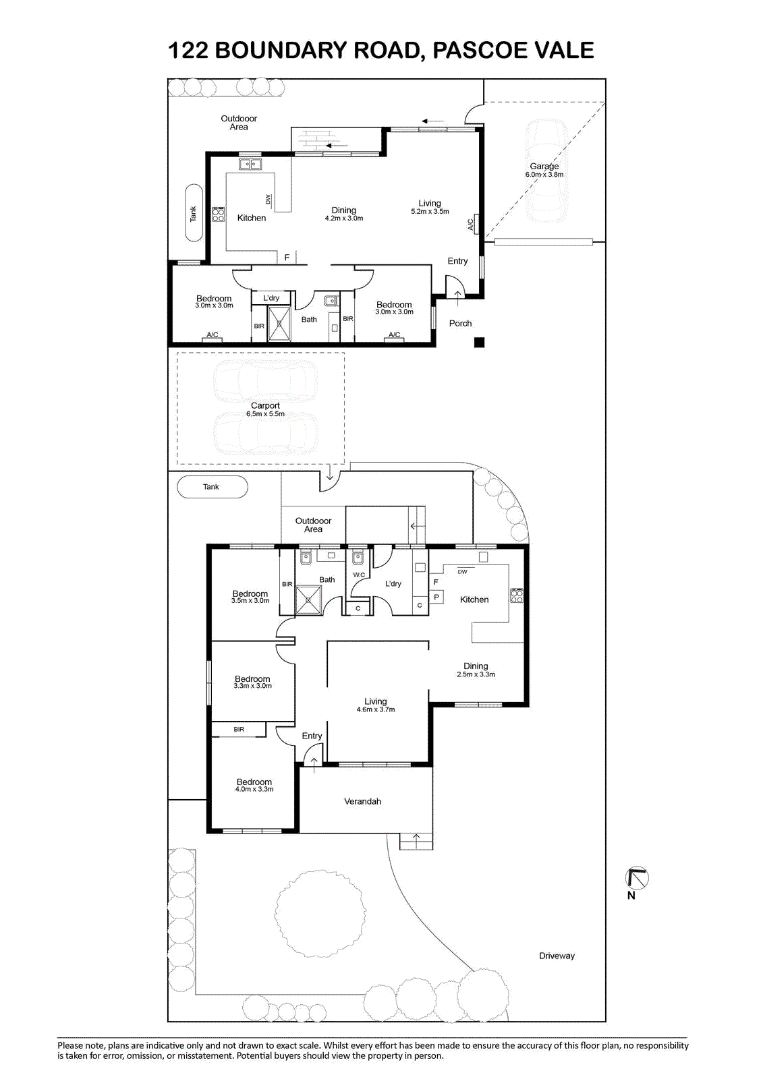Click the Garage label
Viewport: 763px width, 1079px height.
[x=544, y=166]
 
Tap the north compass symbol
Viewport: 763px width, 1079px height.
[x=637, y=878]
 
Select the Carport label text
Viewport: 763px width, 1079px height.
[x=265, y=405]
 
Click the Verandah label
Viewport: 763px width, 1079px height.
[x=362, y=801]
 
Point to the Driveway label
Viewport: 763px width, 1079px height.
[x=557, y=956]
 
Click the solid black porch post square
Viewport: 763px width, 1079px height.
[x=479, y=343]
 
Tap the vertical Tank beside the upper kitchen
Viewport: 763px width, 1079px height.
[x=194, y=212]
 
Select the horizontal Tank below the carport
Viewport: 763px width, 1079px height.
[x=213, y=487]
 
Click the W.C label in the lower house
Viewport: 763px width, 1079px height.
[x=359, y=575]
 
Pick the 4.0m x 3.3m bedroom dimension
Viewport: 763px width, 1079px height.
[x=254, y=789]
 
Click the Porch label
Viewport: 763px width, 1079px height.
[x=460, y=323]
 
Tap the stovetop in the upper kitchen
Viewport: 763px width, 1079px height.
[x=219, y=214]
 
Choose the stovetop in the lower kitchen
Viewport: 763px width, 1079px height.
[x=517, y=596]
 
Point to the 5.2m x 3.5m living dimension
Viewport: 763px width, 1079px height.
[x=430, y=212]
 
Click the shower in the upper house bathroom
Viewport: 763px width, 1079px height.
[x=279, y=324]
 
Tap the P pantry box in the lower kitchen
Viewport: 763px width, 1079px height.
[x=436, y=597]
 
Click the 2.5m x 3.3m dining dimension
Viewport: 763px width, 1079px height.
[x=476, y=674]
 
